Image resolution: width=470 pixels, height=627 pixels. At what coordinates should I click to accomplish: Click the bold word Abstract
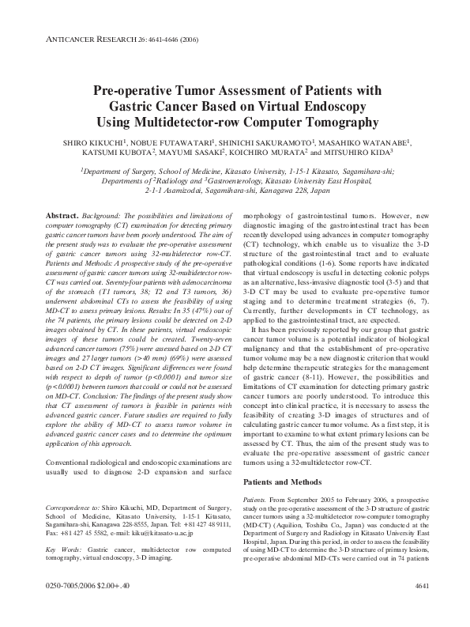[62, 215]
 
